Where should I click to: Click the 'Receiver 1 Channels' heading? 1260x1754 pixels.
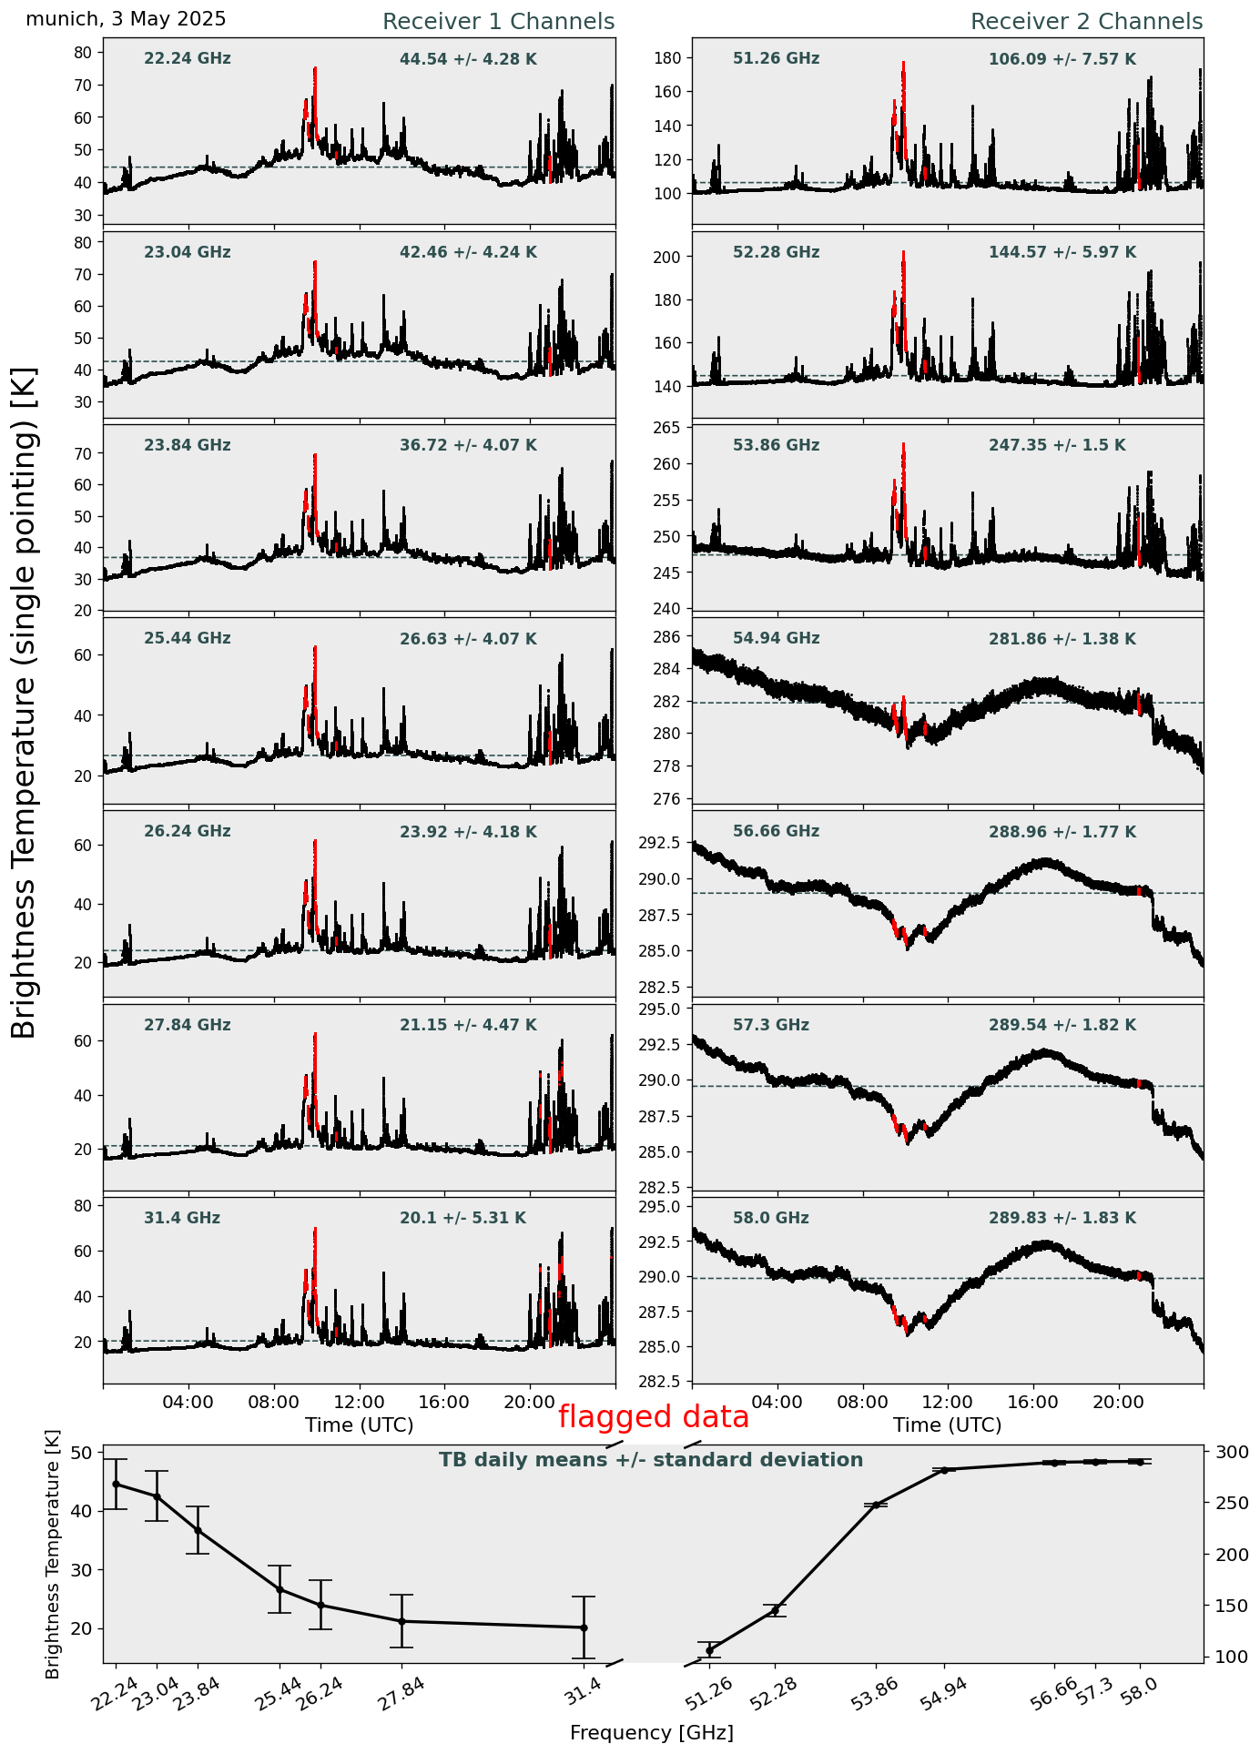coord(498,22)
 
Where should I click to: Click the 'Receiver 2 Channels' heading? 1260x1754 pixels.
coord(1086,22)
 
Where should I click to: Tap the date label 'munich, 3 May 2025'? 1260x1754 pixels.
coord(126,19)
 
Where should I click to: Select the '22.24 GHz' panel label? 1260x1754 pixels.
coord(188,59)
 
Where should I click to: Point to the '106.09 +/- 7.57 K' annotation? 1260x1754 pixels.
coord(1062,60)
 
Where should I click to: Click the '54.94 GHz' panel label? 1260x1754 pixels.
coord(776,639)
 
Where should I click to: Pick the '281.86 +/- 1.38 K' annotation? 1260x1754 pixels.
coord(1062,640)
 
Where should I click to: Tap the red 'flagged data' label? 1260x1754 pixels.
coord(653,1417)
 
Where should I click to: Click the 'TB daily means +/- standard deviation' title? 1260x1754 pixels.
coord(651,1460)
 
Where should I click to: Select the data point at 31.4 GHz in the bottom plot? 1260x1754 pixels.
coord(584,1627)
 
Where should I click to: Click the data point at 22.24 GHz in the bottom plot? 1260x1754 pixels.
coord(116,1484)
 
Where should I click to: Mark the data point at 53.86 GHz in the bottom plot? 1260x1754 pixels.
coord(877,1506)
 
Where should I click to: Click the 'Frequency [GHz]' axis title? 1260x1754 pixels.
coord(651,1733)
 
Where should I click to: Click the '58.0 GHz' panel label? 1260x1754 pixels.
coord(770,1218)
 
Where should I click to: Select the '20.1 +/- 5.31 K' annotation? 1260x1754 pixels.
coord(462,1218)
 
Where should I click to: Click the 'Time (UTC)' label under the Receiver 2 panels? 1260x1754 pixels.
coord(947,1424)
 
